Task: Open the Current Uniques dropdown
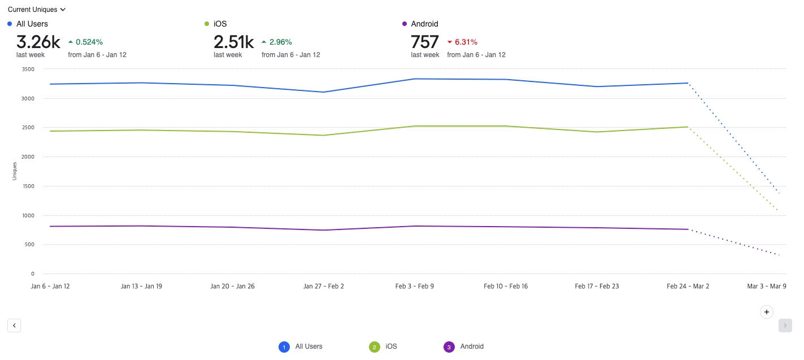click(x=37, y=10)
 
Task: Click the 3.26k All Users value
click(x=38, y=42)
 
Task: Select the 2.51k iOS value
click(x=233, y=42)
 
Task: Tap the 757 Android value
click(x=425, y=42)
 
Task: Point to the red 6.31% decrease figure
click(x=466, y=42)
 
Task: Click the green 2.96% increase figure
click(x=280, y=42)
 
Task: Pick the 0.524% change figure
click(x=89, y=42)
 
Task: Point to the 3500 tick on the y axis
click(x=28, y=70)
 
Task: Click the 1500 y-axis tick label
click(x=28, y=186)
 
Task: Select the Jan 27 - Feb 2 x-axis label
click(x=324, y=287)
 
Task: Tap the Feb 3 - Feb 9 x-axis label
click(x=415, y=287)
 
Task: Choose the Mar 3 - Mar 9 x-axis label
click(x=767, y=287)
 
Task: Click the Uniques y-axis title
click(x=15, y=171)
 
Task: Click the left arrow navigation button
click(x=14, y=325)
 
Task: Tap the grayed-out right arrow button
click(x=785, y=325)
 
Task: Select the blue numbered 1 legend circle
click(x=284, y=347)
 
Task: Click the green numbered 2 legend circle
click(x=375, y=347)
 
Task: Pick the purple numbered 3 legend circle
click(x=449, y=347)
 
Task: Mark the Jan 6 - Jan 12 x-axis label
click(x=50, y=287)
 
